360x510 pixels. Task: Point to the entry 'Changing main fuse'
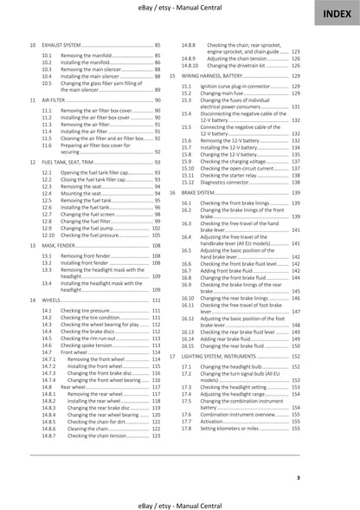224,94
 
